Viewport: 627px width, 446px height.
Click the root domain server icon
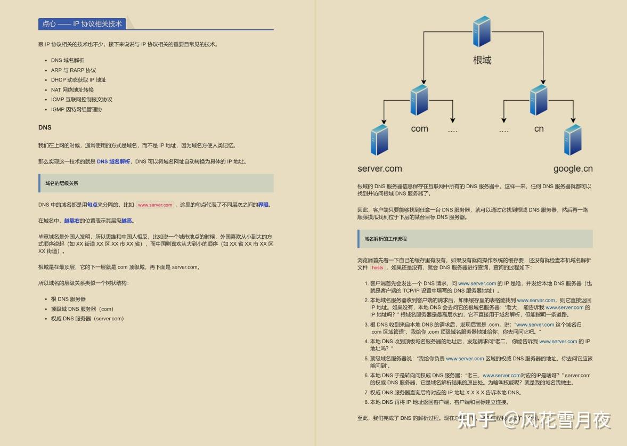(x=482, y=31)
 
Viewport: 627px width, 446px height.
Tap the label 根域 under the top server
(x=482, y=60)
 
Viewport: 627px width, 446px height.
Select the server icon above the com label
(x=420, y=100)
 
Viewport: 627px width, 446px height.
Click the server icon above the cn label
(x=539, y=100)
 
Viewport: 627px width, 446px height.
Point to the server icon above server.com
(x=379, y=139)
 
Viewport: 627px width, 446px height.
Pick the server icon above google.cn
(x=573, y=139)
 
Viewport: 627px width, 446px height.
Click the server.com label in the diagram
(x=380, y=168)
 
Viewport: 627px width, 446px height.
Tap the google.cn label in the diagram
(x=573, y=168)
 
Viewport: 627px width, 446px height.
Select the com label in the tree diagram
(x=420, y=128)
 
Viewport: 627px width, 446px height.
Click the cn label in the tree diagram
(x=539, y=128)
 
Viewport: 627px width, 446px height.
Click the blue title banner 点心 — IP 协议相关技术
(x=83, y=23)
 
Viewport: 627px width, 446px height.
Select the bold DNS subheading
(x=45, y=127)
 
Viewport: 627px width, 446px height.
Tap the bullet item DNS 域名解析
(x=68, y=60)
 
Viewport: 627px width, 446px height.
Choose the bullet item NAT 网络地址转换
(x=72, y=90)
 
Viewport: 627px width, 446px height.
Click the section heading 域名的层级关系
(x=62, y=183)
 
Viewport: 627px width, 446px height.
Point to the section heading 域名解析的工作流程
(x=386, y=239)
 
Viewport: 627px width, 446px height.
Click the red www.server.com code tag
(x=156, y=205)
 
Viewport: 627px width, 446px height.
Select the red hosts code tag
(x=378, y=268)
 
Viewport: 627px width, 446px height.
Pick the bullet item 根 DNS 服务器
(x=68, y=299)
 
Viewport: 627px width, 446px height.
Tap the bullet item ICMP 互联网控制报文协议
(x=82, y=100)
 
